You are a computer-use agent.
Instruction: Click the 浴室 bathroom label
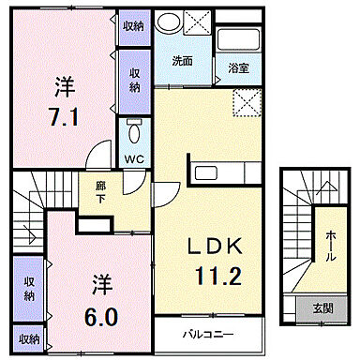coord(238,67)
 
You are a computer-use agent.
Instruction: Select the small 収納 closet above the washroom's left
coord(133,25)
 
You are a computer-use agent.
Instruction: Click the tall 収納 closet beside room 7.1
coord(134,80)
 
